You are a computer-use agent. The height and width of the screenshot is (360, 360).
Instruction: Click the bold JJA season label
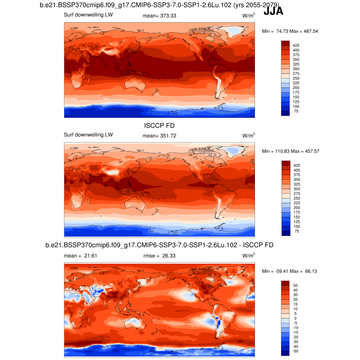click(x=273, y=12)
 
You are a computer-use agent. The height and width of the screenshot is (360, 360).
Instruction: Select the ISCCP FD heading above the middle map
click(x=159, y=126)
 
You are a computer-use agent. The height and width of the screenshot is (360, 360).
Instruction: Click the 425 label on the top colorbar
click(x=296, y=45)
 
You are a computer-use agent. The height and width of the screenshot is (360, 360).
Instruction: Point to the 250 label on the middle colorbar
click(x=296, y=198)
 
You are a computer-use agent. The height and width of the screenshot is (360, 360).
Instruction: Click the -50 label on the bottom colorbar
click(x=296, y=351)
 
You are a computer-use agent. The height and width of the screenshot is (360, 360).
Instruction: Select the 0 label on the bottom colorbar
click(x=295, y=318)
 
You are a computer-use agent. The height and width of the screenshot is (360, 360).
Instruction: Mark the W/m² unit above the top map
click(x=249, y=15)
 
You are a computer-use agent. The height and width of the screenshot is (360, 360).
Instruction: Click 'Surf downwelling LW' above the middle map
click(x=88, y=135)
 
